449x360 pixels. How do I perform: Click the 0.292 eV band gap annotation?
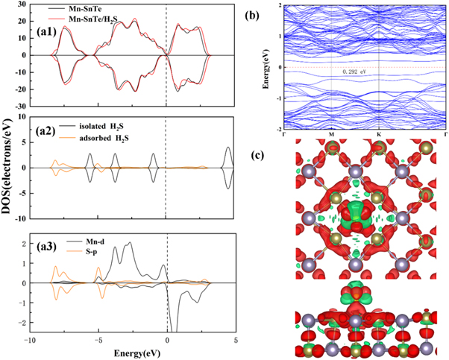click(x=354, y=72)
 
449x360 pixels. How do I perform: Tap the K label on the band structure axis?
click(x=380, y=135)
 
